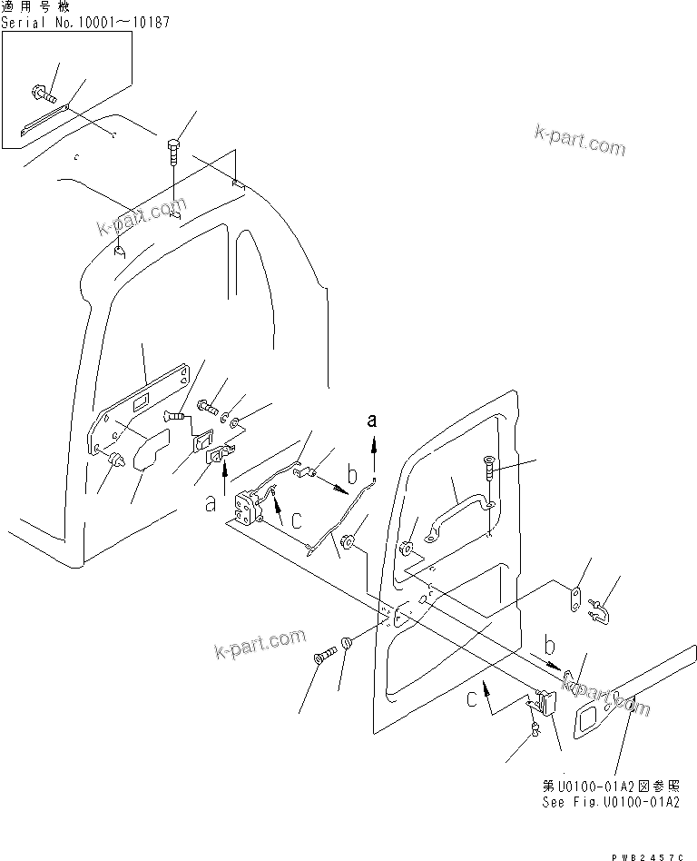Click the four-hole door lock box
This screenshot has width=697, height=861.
click(249, 506)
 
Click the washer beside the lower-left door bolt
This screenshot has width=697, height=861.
click(348, 645)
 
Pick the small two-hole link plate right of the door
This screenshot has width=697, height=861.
click(574, 603)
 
